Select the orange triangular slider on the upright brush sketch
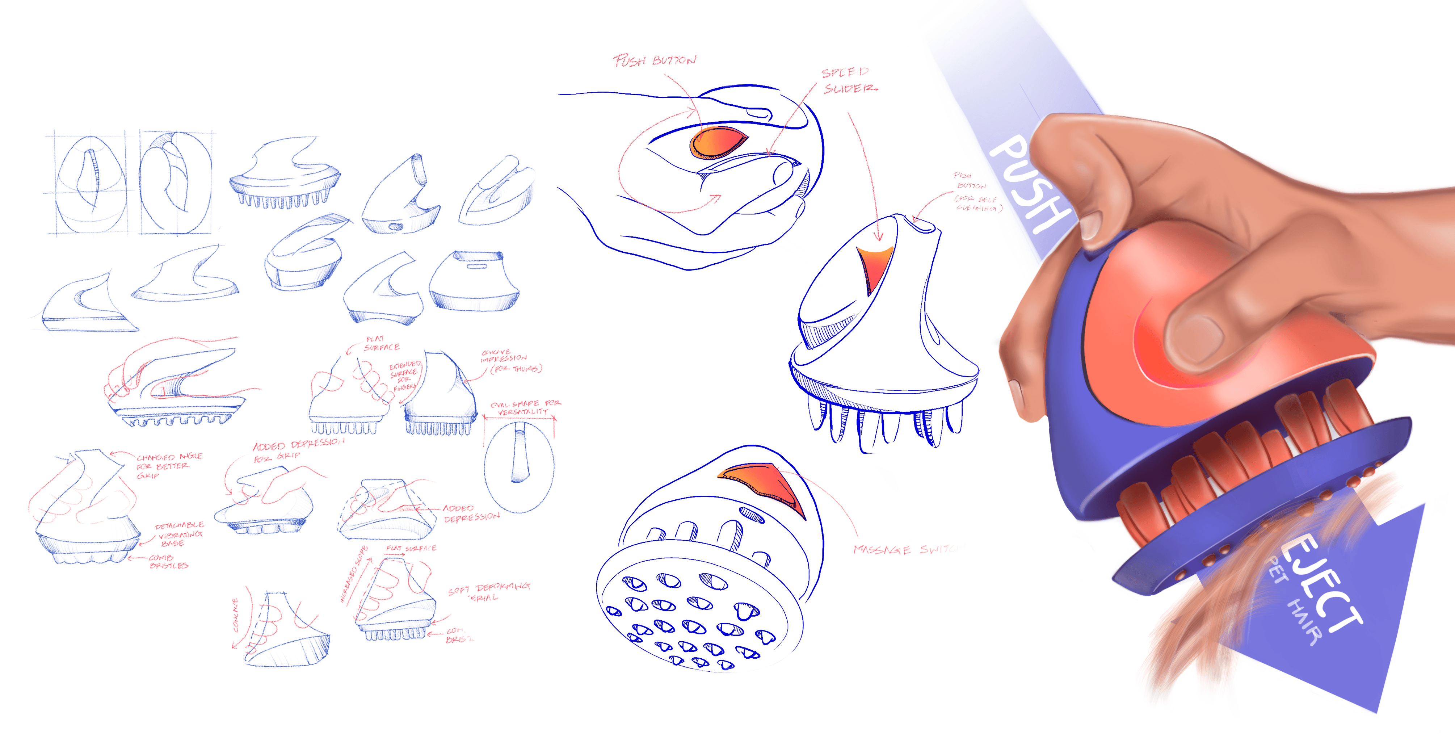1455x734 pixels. point(872,265)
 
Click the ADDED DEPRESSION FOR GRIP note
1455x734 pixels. point(297,450)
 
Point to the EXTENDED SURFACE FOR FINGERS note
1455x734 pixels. point(404,376)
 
